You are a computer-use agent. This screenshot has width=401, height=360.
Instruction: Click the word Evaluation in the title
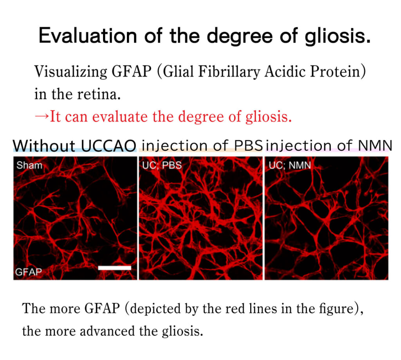[88, 36]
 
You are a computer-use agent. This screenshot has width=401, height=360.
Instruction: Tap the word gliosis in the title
[338, 36]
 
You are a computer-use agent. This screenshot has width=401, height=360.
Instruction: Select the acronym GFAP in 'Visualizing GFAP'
[132, 71]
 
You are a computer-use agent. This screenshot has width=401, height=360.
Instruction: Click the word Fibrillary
[229, 71]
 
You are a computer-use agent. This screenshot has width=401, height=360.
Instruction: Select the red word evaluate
[120, 117]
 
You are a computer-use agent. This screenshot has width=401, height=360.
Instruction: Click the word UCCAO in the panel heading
[108, 146]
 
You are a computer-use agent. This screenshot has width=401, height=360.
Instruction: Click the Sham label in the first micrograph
[29, 165]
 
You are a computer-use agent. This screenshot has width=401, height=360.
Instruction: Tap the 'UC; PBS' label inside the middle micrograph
[162, 165]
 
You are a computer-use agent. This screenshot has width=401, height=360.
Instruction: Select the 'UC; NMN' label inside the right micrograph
[290, 165]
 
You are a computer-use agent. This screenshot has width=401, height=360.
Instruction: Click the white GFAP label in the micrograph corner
[28, 272]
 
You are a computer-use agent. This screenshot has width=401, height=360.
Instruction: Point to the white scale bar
[115, 268]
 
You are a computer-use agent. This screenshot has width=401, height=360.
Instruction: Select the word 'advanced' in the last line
[107, 331]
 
